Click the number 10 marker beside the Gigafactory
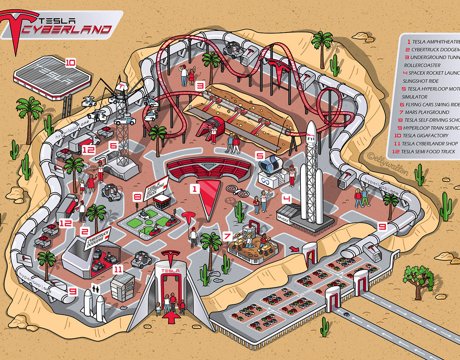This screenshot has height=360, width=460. click(x=70, y=63)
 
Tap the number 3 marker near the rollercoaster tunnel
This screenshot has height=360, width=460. click(x=200, y=86)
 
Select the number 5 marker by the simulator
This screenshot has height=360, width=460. click(x=260, y=156)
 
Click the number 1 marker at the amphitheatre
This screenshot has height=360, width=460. click(x=194, y=189)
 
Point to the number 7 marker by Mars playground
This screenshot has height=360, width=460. click(x=227, y=236)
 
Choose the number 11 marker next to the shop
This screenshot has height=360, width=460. click(x=118, y=269)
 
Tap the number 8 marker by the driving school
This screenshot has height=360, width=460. click(x=137, y=197)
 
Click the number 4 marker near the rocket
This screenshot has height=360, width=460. click(x=286, y=199)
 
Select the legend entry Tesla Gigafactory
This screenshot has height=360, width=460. click(x=425, y=136)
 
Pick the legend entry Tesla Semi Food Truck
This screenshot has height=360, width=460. click(x=427, y=151)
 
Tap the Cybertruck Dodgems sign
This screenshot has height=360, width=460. click(x=98, y=238)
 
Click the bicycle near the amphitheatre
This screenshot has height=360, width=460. click(x=238, y=191)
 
